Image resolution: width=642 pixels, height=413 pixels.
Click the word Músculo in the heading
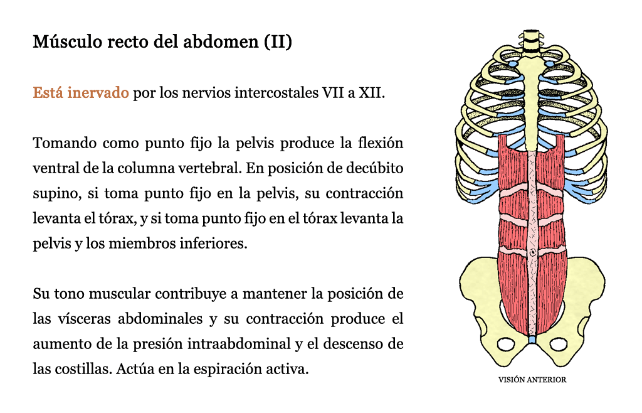tap(67, 41)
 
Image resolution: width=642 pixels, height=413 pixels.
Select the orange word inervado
tap(98, 93)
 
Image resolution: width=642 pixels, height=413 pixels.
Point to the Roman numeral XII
tap(371, 93)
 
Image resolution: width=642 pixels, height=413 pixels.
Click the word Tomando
tap(65, 143)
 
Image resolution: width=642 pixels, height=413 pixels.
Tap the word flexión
tap(381, 142)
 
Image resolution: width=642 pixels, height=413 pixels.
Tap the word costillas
tap(83, 369)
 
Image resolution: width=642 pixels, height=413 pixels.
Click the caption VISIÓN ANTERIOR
tap(532, 380)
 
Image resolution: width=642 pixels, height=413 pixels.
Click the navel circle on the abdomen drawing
tap(532, 253)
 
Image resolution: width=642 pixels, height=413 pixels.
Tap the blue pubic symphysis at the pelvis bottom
tap(532, 339)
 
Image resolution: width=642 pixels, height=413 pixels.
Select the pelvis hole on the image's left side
tap(506, 345)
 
